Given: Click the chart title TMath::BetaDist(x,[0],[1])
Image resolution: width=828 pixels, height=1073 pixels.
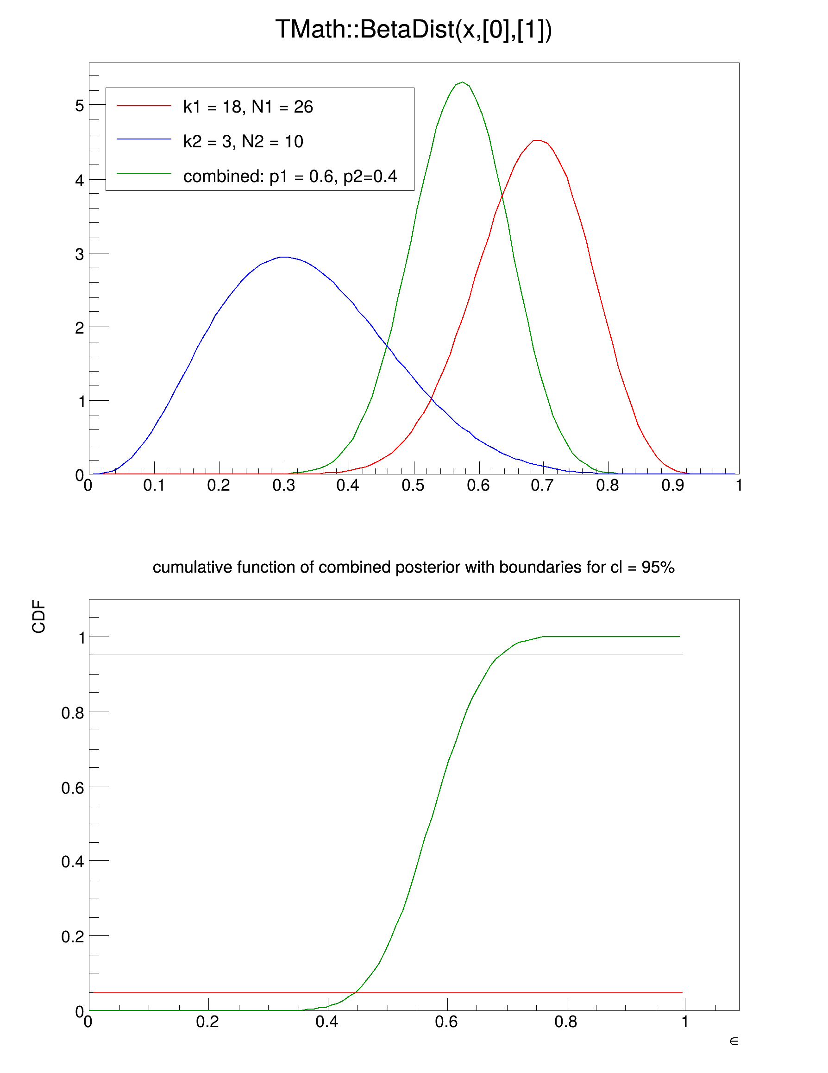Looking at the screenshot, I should (414, 30).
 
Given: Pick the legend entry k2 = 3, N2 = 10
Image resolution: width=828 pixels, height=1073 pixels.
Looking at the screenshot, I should (243, 141).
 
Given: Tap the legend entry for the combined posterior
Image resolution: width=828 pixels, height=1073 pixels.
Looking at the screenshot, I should (290, 176).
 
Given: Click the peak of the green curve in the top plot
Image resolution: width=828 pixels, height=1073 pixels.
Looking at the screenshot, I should (462, 82).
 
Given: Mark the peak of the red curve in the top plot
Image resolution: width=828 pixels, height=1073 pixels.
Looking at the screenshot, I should (537, 140).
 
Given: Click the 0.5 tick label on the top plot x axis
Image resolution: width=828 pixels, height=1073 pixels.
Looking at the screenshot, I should (413, 486).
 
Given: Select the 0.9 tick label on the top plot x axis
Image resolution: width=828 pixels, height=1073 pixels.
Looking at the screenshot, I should (672, 486).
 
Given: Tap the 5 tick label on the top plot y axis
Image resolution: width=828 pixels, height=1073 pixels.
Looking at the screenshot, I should (80, 106).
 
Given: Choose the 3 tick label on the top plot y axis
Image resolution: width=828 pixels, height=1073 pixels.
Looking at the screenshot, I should (80, 254).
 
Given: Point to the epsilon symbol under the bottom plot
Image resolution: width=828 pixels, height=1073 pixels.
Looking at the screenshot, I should (734, 1041).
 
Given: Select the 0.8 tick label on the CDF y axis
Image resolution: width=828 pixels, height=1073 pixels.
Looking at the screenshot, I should (72, 713).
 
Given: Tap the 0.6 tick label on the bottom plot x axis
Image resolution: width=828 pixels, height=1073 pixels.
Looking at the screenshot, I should (446, 1022).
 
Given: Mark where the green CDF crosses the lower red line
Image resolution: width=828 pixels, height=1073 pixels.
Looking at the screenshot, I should (356, 993).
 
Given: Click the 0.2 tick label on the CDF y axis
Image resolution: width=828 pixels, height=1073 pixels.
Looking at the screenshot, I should (72, 936).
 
